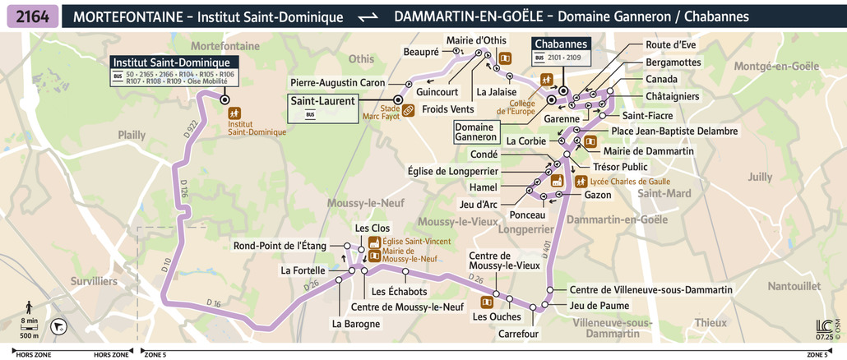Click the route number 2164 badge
(31, 16)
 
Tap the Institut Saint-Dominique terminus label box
(175, 72)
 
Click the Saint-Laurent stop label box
(322, 107)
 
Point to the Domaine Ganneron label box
(475, 132)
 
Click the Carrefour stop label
(518, 334)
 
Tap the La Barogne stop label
(356, 323)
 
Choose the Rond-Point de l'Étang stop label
(280, 245)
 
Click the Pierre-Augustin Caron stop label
(337, 83)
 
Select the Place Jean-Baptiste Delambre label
(674, 131)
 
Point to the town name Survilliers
(94, 281)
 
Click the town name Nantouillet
(794, 285)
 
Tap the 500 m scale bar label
(29, 335)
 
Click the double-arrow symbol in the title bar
(368, 17)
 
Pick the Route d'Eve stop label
(671, 45)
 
